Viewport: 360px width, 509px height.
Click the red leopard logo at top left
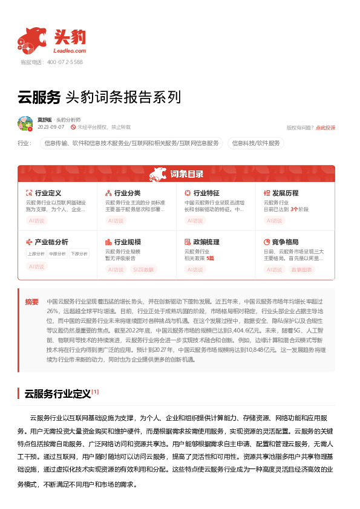pos(31,40)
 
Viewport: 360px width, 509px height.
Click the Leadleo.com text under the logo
pos(69,51)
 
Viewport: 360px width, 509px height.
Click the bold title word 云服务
pos(39,97)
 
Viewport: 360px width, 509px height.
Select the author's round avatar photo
pos(25,124)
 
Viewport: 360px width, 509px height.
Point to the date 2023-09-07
pos(51,128)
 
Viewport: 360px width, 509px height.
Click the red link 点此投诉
pos(325,128)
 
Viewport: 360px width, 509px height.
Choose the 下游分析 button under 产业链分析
pos(79,253)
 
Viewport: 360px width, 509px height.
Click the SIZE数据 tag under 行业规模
pos(143,270)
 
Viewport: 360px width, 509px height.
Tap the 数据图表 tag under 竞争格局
pos(302,270)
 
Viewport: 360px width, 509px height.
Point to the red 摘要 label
pos(31,302)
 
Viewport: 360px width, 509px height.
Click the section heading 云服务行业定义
pos(57,394)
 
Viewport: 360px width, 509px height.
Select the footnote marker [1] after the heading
pos(95,392)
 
